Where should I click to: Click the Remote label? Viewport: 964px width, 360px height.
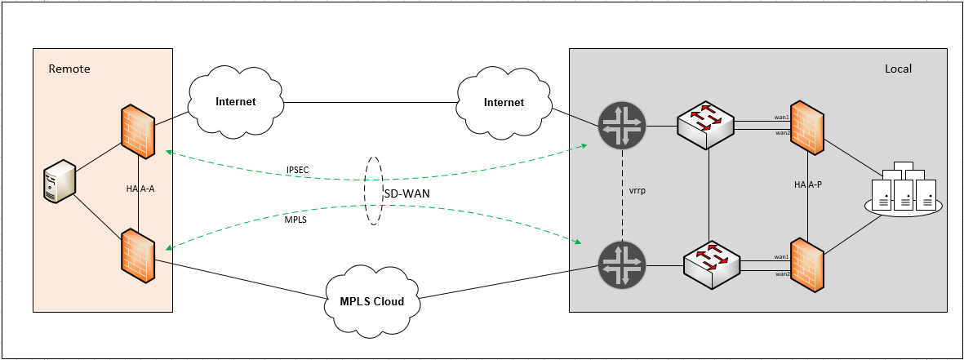pos(69,69)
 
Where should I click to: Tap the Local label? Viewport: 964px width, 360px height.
pos(898,69)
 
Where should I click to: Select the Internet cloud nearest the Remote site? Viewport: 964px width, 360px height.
pos(236,102)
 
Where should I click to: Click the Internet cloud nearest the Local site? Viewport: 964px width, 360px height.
pos(504,102)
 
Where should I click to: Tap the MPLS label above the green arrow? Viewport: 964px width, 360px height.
pos(296,219)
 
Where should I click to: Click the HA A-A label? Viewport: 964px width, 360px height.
pos(140,189)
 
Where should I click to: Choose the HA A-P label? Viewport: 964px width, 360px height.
pos(807,184)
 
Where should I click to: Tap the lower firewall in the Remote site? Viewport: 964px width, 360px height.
pos(137,256)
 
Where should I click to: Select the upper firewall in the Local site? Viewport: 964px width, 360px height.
pos(806,127)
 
